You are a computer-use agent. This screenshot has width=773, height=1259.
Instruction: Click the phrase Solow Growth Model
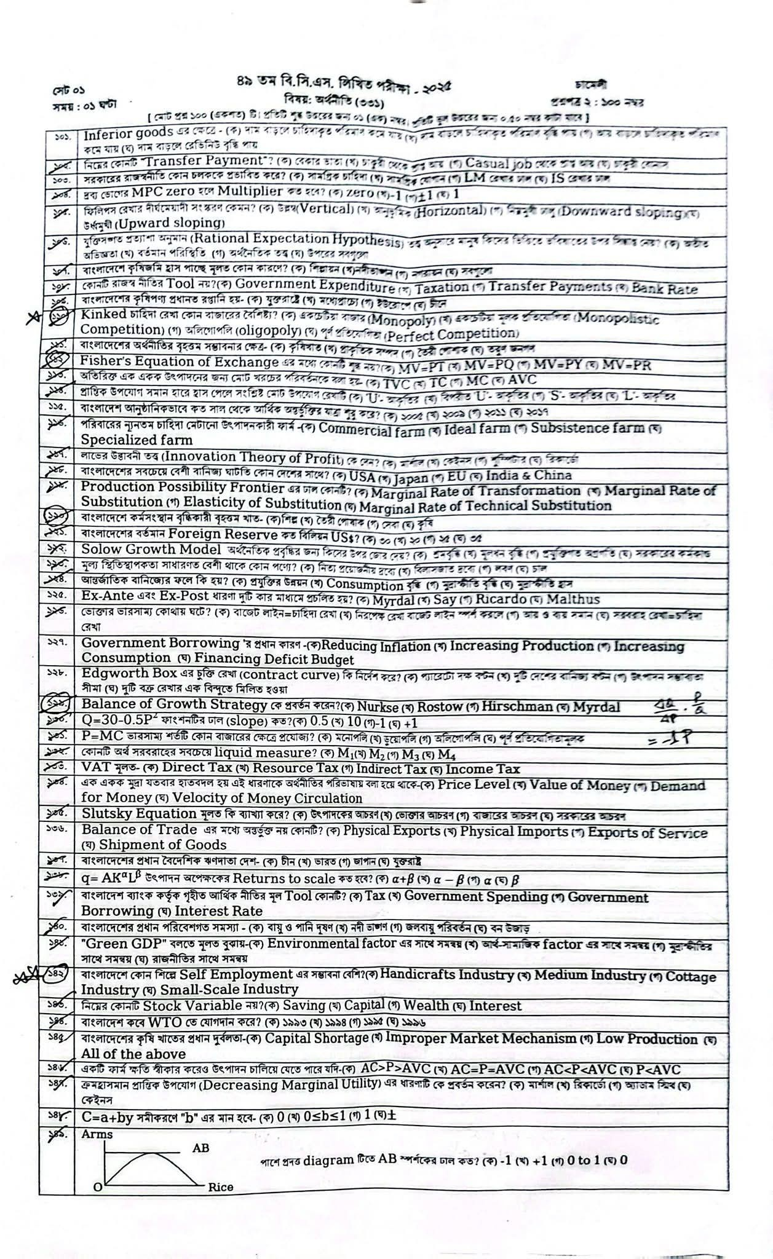151,550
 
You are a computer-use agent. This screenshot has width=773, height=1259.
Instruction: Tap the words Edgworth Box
125,672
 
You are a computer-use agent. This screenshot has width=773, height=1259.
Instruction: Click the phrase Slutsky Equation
139,814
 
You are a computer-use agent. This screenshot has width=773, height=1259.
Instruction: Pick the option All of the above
126,1054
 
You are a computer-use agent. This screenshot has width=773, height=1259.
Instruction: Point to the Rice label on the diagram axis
221,1187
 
